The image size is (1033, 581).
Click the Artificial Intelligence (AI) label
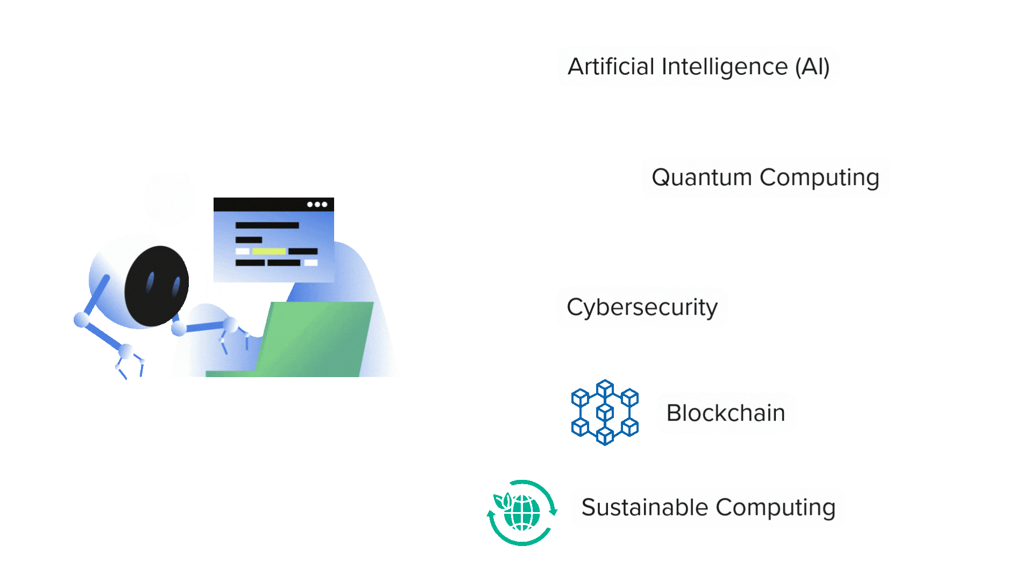click(x=698, y=67)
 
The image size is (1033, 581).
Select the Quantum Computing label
click(x=765, y=178)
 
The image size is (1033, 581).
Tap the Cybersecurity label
click(x=642, y=307)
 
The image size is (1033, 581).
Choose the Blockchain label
click(x=725, y=413)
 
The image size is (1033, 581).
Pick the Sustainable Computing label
click(x=708, y=507)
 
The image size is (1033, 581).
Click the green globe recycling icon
click(x=522, y=513)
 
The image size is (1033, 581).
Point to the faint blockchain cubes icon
click(x=605, y=413)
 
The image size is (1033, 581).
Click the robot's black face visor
click(x=157, y=286)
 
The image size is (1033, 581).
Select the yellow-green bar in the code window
click(x=269, y=251)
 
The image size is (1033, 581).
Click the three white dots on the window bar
click(x=317, y=204)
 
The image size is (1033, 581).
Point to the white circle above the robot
click(x=169, y=199)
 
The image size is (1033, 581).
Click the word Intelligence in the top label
click(x=724, y=67)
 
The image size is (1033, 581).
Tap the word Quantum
click(x=702, y=178)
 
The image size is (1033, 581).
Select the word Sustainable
click(x=645, y=507)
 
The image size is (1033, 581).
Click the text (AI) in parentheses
click(x=812, y=67)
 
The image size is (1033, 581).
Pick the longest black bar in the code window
click(x=267, y=225)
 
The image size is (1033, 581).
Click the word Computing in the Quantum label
click(x=819, y=178)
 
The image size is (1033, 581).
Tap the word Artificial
click(x=611, y=67)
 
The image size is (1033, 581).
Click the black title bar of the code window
click(x=258, y=204)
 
